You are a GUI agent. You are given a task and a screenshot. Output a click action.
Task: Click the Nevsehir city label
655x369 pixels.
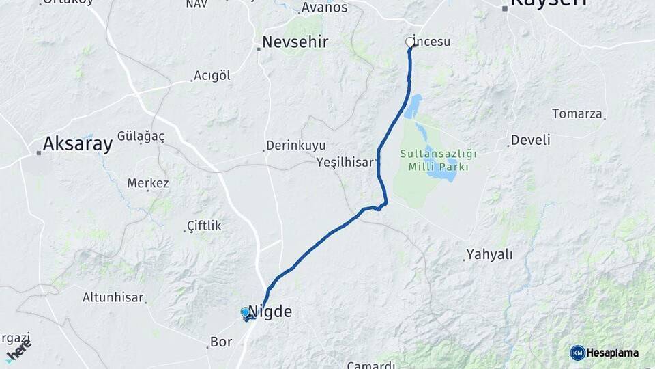tap(295, 42)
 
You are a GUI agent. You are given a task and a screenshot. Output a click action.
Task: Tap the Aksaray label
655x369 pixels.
tap(77, 143)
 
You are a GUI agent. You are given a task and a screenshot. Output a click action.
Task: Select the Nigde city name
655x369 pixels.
tap(270, 312)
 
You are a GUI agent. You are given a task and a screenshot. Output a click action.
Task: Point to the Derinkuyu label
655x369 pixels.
tap(295, 146)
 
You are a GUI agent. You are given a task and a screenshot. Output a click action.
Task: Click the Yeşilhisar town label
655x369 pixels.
tap(345, 162)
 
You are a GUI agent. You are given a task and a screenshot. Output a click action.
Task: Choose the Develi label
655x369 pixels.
tap(530, 140)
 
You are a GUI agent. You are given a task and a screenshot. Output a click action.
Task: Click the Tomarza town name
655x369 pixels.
tap(577, 113)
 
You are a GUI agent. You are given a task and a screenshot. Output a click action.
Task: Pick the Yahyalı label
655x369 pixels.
tap(489, 255)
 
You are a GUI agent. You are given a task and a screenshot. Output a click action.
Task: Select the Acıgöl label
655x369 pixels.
tap(212, 75)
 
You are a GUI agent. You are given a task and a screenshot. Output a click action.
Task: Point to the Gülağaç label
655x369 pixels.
tap(141, 136)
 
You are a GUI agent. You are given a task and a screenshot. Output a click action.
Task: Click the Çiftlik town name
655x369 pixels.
tap(204, 225)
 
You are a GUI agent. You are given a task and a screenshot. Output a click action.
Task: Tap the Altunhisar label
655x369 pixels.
tap(113, 297)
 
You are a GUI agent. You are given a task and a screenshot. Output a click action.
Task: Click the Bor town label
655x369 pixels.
tap(221, 342)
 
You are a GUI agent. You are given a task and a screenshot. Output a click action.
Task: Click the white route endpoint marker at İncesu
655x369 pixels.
tap(410, 42)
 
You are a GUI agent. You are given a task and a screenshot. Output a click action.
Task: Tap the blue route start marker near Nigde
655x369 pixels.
tap(246, 312)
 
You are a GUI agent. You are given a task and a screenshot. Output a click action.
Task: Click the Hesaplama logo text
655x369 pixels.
tap(613, 353)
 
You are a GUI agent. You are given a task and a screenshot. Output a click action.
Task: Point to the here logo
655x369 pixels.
tap(18, 351)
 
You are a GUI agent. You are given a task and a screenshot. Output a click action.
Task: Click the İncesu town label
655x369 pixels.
tap(433, 42)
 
